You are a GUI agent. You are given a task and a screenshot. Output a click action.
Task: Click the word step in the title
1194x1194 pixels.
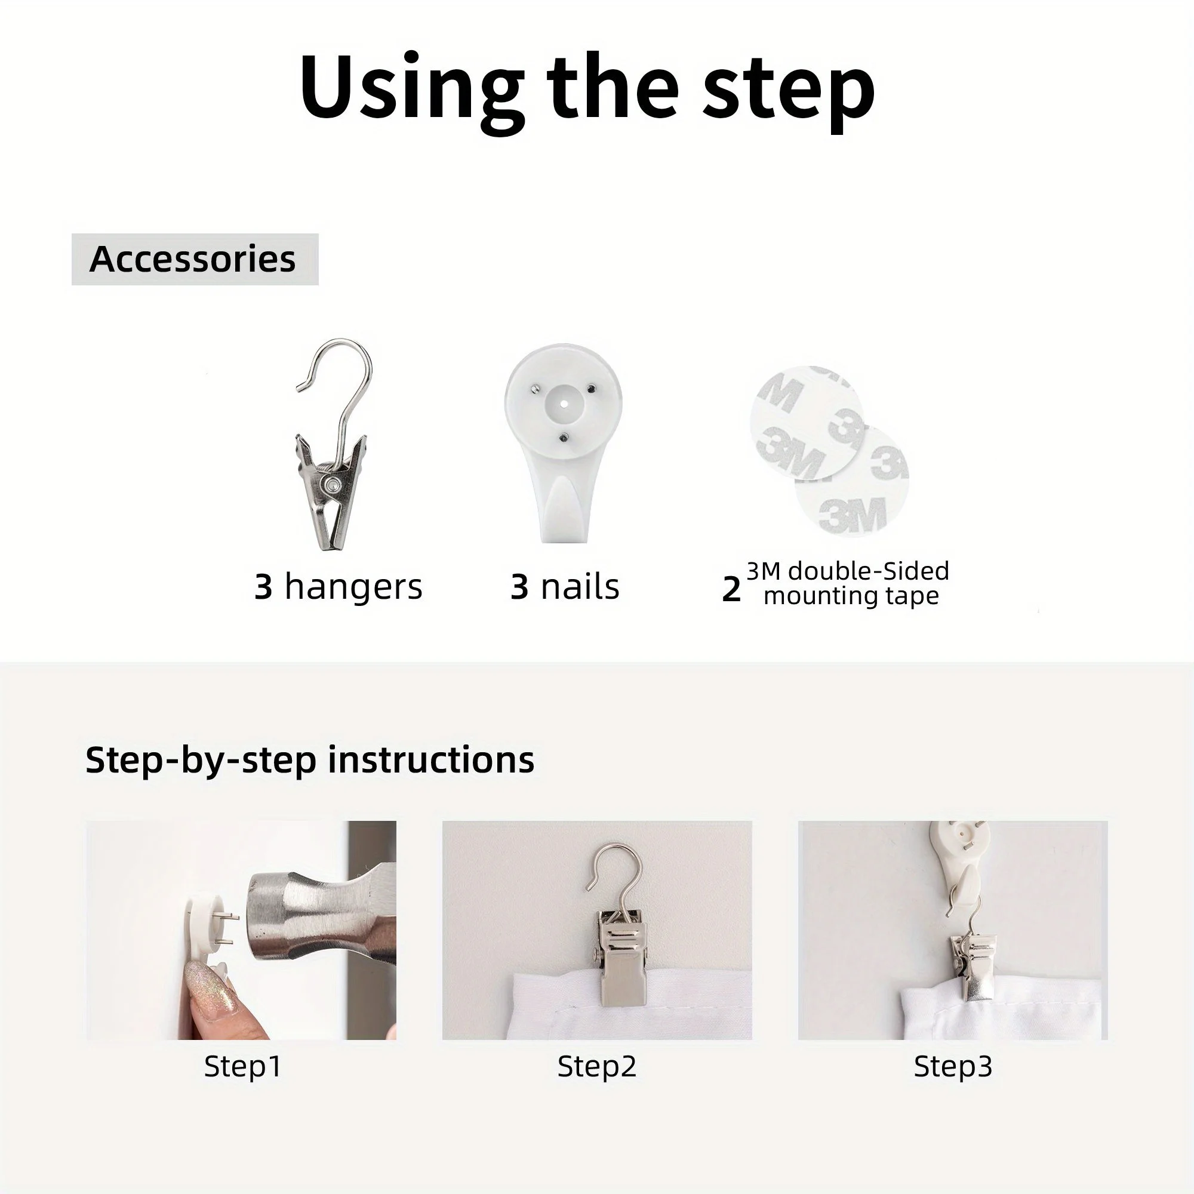click(x=789, y=93)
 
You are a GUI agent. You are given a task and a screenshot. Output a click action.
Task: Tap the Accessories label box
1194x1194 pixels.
click(x=195, y=259)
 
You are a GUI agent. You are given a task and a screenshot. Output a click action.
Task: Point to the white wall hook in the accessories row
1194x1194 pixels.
click(x=563, y=442)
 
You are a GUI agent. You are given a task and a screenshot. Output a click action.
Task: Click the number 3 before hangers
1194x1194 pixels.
click(x=263, y=586)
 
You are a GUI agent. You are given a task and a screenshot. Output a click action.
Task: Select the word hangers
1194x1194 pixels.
click(x=353, y=587)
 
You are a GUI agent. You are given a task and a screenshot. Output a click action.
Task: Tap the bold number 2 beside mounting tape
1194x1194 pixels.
click(x=731, y=589)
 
